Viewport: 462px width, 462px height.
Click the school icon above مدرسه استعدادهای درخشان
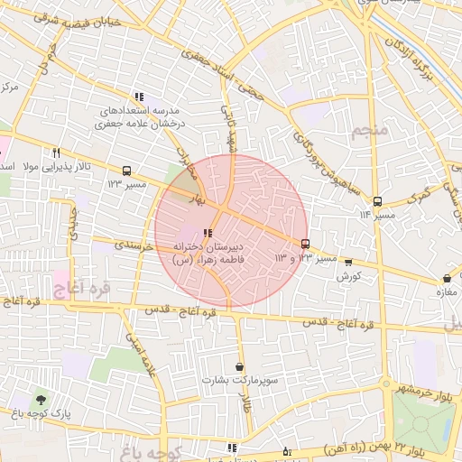(x=138, y=97)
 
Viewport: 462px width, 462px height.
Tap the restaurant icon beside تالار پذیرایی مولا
(x=56, y=152)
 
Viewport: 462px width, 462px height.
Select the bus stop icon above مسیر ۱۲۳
(x=125, y=171)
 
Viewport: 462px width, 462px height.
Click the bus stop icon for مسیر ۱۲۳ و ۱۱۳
(x=305, y=244)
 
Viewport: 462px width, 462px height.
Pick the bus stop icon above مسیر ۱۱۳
(x=377, y=201)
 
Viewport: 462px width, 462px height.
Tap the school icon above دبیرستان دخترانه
(x=209, y=233)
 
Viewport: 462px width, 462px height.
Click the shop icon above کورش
(x=349, y=263)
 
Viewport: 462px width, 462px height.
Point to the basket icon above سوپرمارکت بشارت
(x=238, y=366)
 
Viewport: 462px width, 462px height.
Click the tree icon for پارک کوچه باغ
(x=41, y=399)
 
